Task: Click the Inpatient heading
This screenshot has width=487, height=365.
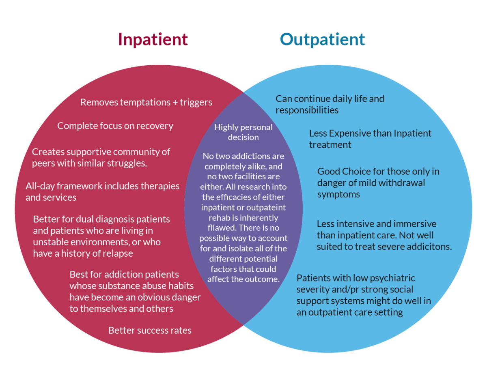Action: click(x=153, y=40)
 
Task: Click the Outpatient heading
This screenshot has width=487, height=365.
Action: click(x=322, y=40)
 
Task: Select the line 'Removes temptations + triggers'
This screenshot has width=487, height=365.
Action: click(x=146, y=102)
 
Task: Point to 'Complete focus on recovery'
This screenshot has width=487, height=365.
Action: click(x=115, y=126)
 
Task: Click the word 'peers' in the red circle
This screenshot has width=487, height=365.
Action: click(x=43, y=163)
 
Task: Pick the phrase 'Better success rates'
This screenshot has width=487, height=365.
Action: click(x=150, y=331)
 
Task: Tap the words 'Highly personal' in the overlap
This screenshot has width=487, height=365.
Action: click(x=243, y=127)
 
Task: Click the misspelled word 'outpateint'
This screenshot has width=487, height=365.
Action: click(x=266, y=207)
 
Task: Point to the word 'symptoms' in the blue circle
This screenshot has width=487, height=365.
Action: click(x=338, y=194)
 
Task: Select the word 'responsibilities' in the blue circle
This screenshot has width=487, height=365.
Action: click(x=307, y=110)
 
